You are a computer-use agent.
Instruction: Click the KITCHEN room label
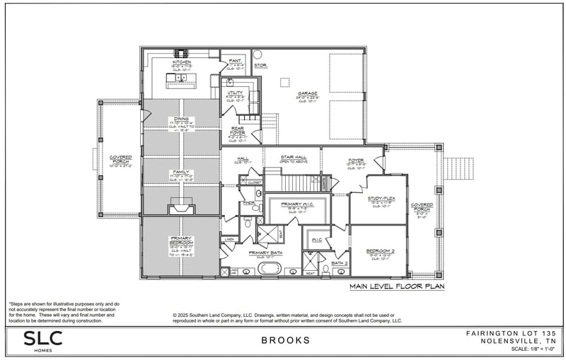[x=182, y=62]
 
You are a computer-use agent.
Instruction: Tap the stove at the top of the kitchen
[x=181, y=52]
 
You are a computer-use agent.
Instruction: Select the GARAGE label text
[x=307, y=93]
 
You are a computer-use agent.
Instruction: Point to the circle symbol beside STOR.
[x=257, y=54]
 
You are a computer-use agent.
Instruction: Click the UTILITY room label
[x=236, y=93]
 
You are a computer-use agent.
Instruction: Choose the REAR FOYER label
[x=238, y=130]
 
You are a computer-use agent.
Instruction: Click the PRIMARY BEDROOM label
[x=182, y=240]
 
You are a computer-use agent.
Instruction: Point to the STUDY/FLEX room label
[x=381, y=199]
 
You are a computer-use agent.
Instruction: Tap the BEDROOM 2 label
[x=379, y=251]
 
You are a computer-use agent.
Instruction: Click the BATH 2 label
[x=340, y=263]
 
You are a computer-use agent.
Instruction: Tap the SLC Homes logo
[x=42, y=340]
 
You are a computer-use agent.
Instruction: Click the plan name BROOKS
[x=286, y=340]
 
